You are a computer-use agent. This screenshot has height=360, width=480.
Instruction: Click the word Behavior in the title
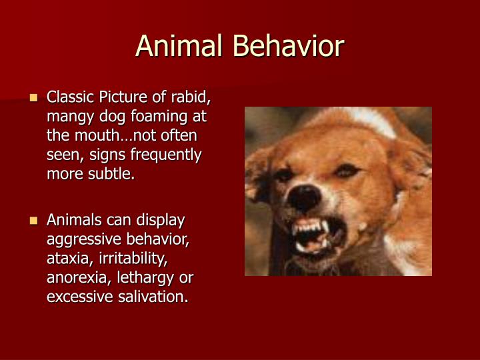click(288, 46)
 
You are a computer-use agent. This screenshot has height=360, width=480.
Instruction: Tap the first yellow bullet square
click(34, 98)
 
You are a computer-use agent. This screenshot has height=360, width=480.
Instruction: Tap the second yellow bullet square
click(34, 220)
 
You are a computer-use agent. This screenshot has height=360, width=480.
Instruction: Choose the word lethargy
click(145, 277)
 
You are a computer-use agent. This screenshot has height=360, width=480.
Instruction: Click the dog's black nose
click(309, 197)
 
